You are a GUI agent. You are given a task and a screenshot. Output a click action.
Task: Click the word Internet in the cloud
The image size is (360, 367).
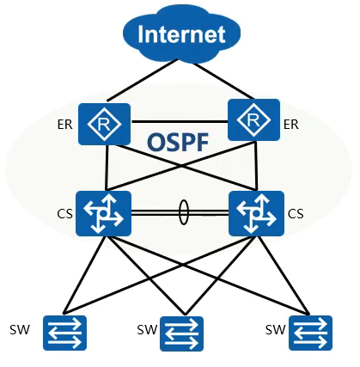(x=181, y=34)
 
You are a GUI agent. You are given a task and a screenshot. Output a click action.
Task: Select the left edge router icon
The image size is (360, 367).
(x=104, y=124)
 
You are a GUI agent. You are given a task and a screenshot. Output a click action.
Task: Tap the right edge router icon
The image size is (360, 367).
(x=253, y=119)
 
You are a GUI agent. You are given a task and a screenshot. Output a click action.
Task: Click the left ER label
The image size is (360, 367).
(x=64, y=125)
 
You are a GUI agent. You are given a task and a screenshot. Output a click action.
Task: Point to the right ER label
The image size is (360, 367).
(x=291, y=125)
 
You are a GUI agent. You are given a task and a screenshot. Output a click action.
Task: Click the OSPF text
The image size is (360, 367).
(x=178, y=143)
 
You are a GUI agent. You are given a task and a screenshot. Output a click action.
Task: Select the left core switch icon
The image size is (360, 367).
(x=103, y=213)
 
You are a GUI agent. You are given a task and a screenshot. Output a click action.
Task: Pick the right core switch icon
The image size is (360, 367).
(x=256, y=213)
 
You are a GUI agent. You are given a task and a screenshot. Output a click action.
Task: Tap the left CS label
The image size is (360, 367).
(x=64, y=214)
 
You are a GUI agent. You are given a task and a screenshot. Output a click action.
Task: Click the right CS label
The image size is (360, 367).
(x=296, y=214)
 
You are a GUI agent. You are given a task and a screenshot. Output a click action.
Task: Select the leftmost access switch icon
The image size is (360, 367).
(x=64, y=333)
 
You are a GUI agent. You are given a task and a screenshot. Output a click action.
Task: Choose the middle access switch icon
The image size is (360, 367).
(x=181, y=333)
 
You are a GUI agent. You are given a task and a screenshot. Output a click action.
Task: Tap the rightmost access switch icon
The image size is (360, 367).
(x=310, y=333)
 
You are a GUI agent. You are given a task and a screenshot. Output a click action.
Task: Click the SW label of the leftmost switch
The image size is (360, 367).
(x=20, y=330)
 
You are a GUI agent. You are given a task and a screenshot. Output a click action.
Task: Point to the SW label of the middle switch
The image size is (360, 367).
(x=147, y=330)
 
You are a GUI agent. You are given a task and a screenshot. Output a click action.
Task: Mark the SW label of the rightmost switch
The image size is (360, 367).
(x=275, y=330)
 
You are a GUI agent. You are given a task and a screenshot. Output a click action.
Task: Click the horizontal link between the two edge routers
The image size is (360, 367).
(x=180, y=122)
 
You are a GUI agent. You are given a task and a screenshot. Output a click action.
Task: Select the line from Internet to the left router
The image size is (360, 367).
(x=143, y=80)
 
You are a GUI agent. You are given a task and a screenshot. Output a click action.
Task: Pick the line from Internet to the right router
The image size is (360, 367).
(x=223, y=81)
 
